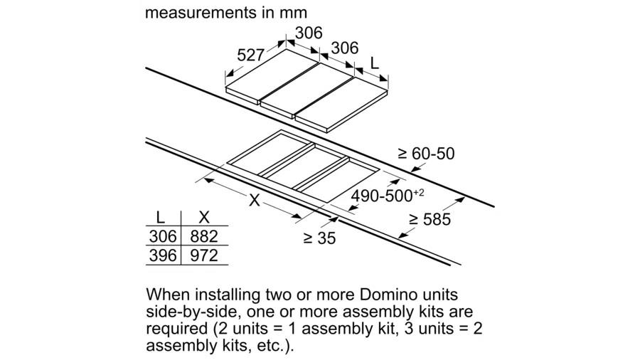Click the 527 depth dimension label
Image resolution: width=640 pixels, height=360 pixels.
[x=250, y=55]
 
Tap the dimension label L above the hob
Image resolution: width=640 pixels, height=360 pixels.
[x=374, y=63]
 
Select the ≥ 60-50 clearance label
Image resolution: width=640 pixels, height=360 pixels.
[x=426, y=154]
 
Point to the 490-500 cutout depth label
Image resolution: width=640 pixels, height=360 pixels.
[x=382, y=196]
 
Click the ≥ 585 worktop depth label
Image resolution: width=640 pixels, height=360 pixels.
[x=430, y=220]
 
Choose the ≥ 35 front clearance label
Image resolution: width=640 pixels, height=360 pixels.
[x=319, y=238]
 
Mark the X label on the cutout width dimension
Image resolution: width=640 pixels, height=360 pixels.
[x=255, y=200]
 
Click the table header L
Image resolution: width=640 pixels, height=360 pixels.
[x=161, y=218]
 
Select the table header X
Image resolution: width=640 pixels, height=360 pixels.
[x=203, y=218]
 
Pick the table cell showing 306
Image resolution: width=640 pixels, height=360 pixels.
[x=163, y=236]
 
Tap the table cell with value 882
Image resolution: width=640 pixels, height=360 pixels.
[x=204, y=236]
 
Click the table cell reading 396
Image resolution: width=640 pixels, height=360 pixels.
[x=163, y=255]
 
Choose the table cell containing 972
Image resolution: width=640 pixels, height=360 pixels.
[x=204, y=255]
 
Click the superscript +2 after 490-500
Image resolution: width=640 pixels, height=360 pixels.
[x=419, y=192]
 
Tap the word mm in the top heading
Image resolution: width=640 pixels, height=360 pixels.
[x=293, y=13]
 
